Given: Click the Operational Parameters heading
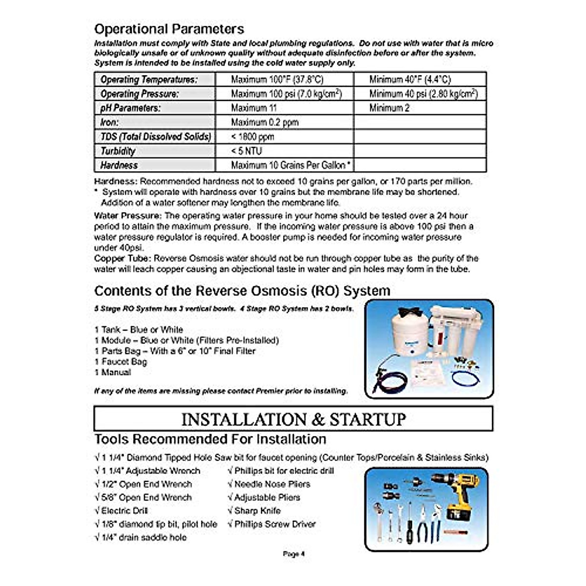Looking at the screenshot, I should [169, 29].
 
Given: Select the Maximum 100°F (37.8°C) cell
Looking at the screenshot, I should [277, 80].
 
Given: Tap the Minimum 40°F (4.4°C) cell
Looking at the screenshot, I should [410, 80].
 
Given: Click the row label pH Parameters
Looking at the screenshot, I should [130, 108].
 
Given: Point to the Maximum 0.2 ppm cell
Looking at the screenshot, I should [265, 122].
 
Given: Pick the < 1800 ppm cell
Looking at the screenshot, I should [252, 137].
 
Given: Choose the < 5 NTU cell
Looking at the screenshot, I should [247, 151].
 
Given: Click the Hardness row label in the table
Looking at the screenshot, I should [119, 165].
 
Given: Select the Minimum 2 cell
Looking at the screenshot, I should [389, 108].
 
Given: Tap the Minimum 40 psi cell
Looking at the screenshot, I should [423, 94].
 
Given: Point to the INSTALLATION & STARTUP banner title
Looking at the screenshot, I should [293, 419].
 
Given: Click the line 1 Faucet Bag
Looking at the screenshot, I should [121, 362].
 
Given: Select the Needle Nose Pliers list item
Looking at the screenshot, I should [269, 484].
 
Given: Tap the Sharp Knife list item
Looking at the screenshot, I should [254, 511].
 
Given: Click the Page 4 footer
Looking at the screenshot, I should [293, 554].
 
